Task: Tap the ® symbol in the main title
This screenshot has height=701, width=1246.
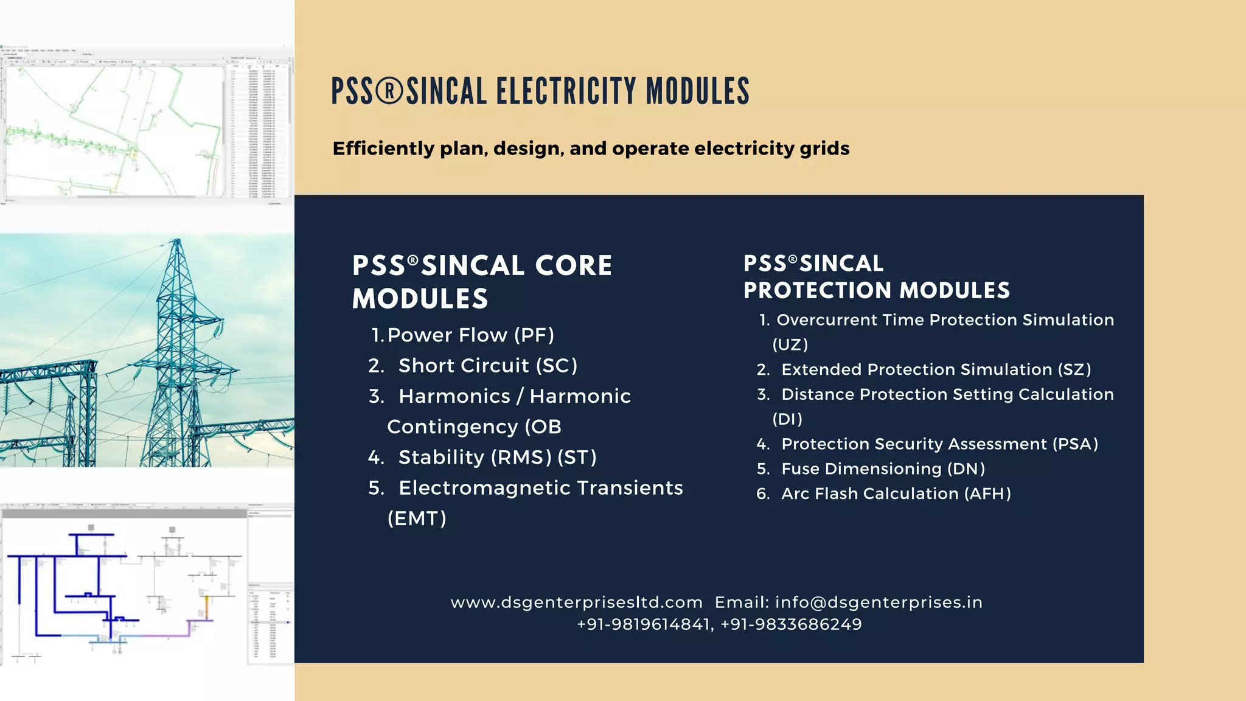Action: click(389, 91)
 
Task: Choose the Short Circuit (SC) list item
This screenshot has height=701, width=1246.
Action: click(487, 366)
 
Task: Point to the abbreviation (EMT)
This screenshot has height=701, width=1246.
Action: click(417, 518)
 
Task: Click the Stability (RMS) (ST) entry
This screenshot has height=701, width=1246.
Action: click(497, 457)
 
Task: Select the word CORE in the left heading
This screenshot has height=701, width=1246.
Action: click(573, 266)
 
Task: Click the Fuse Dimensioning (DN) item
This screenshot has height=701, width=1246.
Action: click(883, 469)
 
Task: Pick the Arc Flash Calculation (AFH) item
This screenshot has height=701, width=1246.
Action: click(896, 494)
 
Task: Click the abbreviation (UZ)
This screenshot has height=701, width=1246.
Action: click(790, 345)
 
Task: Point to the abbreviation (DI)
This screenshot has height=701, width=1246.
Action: click(787, 419)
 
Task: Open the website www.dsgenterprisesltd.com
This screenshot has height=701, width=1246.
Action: click(576, 602)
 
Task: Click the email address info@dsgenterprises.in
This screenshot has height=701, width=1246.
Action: click(879, 602)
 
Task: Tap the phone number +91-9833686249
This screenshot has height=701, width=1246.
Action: click(791, 624)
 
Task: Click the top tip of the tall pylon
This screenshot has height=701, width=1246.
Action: click(177, 240)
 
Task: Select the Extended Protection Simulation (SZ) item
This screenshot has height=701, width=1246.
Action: click(936, 370)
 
